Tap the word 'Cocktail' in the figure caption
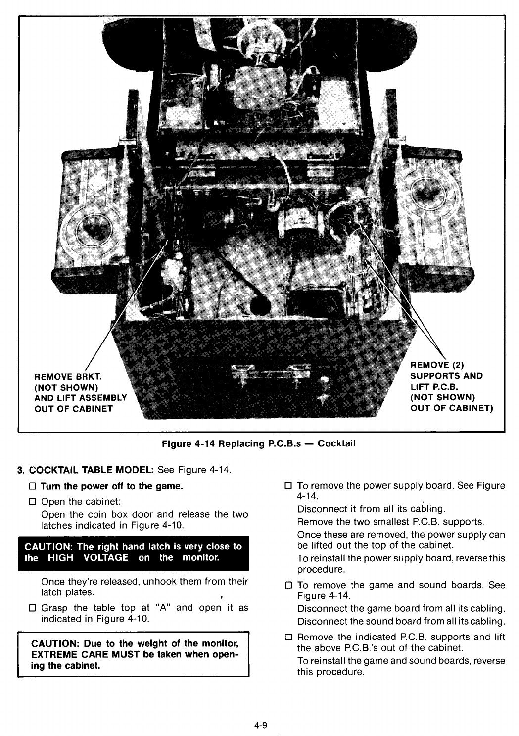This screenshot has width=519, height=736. tap(336, 443)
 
